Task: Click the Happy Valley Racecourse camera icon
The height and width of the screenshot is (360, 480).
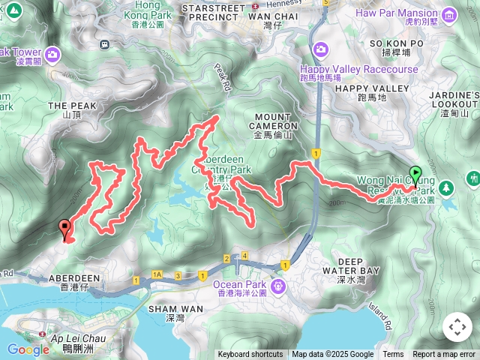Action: coord(320,49)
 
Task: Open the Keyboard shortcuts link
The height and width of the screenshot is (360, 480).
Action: coord(250,355)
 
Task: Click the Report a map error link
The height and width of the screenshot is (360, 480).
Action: coord(443,355)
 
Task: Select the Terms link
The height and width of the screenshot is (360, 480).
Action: coord(393,355)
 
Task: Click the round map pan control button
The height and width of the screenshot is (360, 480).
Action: coord(457,327)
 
